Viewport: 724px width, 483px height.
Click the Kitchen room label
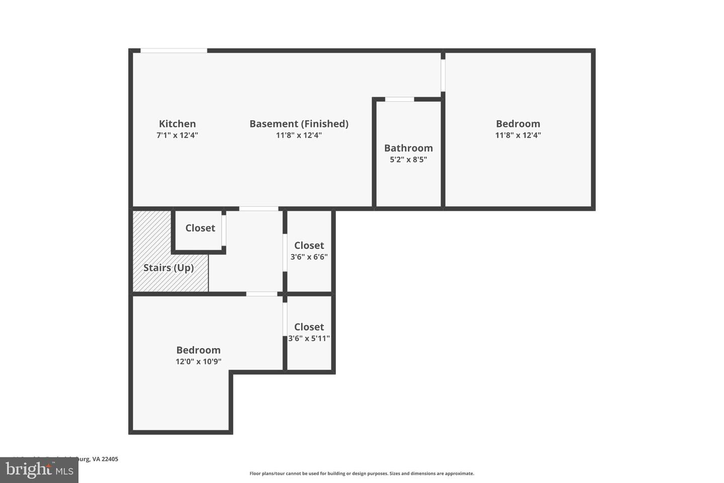[177, 124]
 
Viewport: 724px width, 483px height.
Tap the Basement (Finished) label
[299, 124]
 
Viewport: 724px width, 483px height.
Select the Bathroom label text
[408, 148]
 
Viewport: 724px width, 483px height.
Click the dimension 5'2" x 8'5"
[408, 159]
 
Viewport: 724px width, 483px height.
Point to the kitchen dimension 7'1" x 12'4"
[177, 135]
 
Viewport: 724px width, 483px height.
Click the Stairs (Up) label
[168, 268]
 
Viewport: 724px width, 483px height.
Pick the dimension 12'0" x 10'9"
[198, 361]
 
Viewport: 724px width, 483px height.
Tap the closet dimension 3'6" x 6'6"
[309, 257]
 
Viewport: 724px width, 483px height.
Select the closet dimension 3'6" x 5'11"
[309, 338]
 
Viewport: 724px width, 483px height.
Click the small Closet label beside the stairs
[200, 228]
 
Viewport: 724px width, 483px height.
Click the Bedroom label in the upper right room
[518, 124]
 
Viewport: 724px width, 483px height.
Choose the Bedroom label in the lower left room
[198, 350]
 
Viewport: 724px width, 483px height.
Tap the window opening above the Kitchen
[173, 51]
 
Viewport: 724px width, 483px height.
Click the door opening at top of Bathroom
[400, 100]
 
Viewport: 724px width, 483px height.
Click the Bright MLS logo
[39, 470]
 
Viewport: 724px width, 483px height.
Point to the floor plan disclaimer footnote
[361, 473]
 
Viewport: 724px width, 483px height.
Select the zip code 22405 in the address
[110, 459]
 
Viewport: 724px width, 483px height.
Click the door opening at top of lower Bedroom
[261, 294]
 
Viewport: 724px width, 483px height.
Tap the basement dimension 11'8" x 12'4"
[299, 135]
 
